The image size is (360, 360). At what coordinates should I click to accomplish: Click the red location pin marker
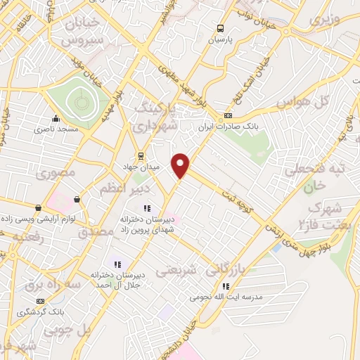coord(181,164)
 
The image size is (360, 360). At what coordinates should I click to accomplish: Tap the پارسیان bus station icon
coord(221,29)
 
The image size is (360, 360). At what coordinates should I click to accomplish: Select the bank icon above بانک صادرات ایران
coord(227,116)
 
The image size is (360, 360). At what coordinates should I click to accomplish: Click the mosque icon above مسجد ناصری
coord(56,118)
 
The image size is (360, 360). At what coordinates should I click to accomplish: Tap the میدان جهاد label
coord(141,166)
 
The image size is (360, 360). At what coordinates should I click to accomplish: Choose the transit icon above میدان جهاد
coord(141,155)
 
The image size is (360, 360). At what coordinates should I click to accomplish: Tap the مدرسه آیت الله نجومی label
coord(225,297)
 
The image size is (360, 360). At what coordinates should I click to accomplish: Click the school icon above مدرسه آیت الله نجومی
coord(225,286)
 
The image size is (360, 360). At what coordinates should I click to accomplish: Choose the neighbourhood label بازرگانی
coord(233,269)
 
